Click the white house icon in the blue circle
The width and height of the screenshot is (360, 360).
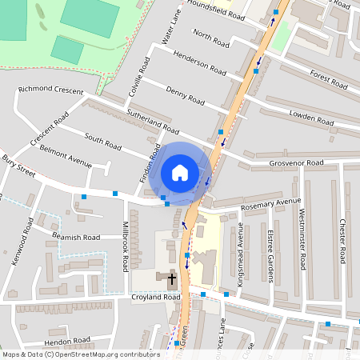point(180,172)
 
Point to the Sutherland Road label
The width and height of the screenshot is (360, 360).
point(152,121)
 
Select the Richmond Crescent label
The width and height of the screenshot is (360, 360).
point(50,90)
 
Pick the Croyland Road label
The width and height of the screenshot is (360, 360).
point(155,297)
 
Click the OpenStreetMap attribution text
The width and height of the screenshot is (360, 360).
point(80,354)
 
